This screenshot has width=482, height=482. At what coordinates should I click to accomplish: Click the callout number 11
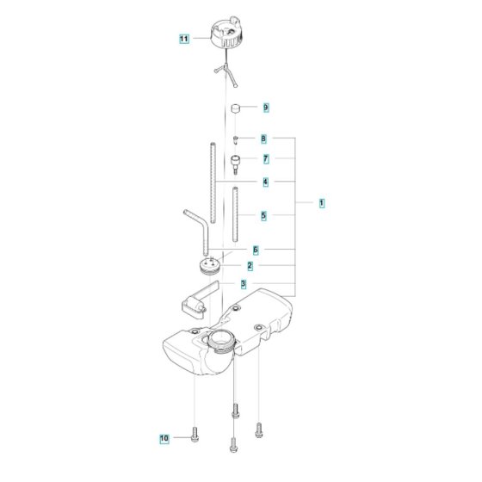[x=184, y=39]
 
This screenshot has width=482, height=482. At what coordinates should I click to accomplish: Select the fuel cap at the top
[x=227, y=33]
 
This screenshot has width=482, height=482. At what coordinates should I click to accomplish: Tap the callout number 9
[x=266, y=108]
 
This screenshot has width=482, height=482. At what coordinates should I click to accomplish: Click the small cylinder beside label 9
[x=235, y=108]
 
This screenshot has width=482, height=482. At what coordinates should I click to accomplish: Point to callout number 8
[x=263, y=139]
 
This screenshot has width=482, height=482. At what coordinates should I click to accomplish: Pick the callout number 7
[x=266, y=159]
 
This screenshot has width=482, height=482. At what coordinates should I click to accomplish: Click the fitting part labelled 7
[x=236, y=164]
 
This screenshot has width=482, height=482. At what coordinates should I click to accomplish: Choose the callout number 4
[x=266, y=182]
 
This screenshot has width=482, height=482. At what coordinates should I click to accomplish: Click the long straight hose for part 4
[x=213, y=182]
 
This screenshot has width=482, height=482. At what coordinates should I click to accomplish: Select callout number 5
[x=263, y=215]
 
